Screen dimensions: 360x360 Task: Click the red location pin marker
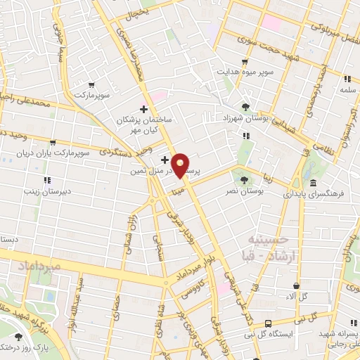tap(181, 166)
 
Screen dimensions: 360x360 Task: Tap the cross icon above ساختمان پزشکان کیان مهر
tap(144, 109)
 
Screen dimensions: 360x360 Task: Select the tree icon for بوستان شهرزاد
tap(245, 106)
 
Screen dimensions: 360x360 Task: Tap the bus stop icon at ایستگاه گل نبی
tap(269, 323)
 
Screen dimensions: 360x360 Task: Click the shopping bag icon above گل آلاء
tap(296, 285)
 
